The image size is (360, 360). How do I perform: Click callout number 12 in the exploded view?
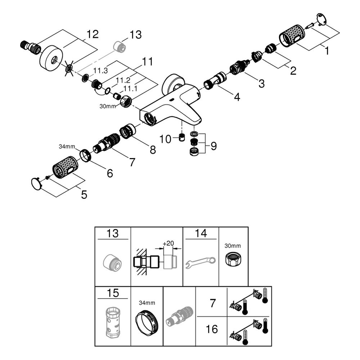92,35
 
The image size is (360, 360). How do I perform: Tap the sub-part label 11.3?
100,71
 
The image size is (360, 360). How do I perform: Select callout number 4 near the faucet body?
237,97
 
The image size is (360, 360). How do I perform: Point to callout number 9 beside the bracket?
213,146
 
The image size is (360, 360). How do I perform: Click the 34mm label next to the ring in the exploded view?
67,146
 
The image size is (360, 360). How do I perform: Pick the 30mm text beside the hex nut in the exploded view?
108,106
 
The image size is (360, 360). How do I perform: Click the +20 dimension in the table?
168,243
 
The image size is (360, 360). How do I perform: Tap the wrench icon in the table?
201,263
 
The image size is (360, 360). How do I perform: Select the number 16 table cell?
212,329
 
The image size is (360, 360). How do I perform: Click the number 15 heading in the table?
113,293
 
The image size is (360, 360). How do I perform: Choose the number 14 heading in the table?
201,233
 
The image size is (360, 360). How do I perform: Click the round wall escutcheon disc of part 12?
51,57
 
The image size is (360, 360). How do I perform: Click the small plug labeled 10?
182,137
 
